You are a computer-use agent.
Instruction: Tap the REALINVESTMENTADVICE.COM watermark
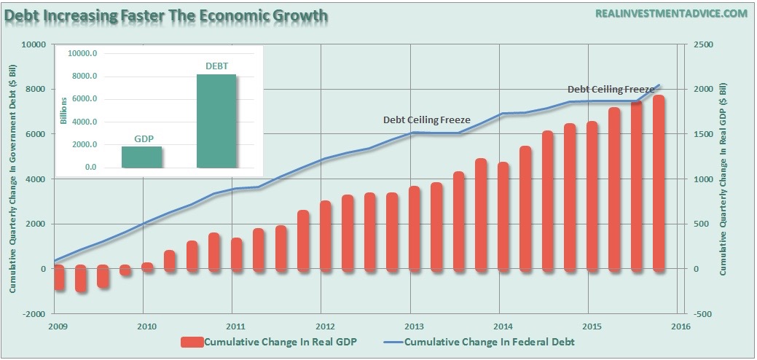tap(671, 14)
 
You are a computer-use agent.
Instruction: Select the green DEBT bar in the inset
tap(216, 120)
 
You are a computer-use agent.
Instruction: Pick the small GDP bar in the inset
tap(143, 157)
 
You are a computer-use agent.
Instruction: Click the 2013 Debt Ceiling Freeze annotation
tap(427, 120)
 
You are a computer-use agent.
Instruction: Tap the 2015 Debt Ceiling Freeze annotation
tap(611, 89)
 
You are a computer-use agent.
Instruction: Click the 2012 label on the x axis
tap(325, 326)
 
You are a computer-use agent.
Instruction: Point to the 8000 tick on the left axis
tap(34, 90)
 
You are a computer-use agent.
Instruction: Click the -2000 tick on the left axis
tap(32, 314)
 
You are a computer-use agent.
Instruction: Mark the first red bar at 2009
tap(58, 278)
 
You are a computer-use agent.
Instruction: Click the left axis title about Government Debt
tap(13, 179)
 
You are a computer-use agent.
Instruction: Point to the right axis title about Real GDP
tap(723, 179)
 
